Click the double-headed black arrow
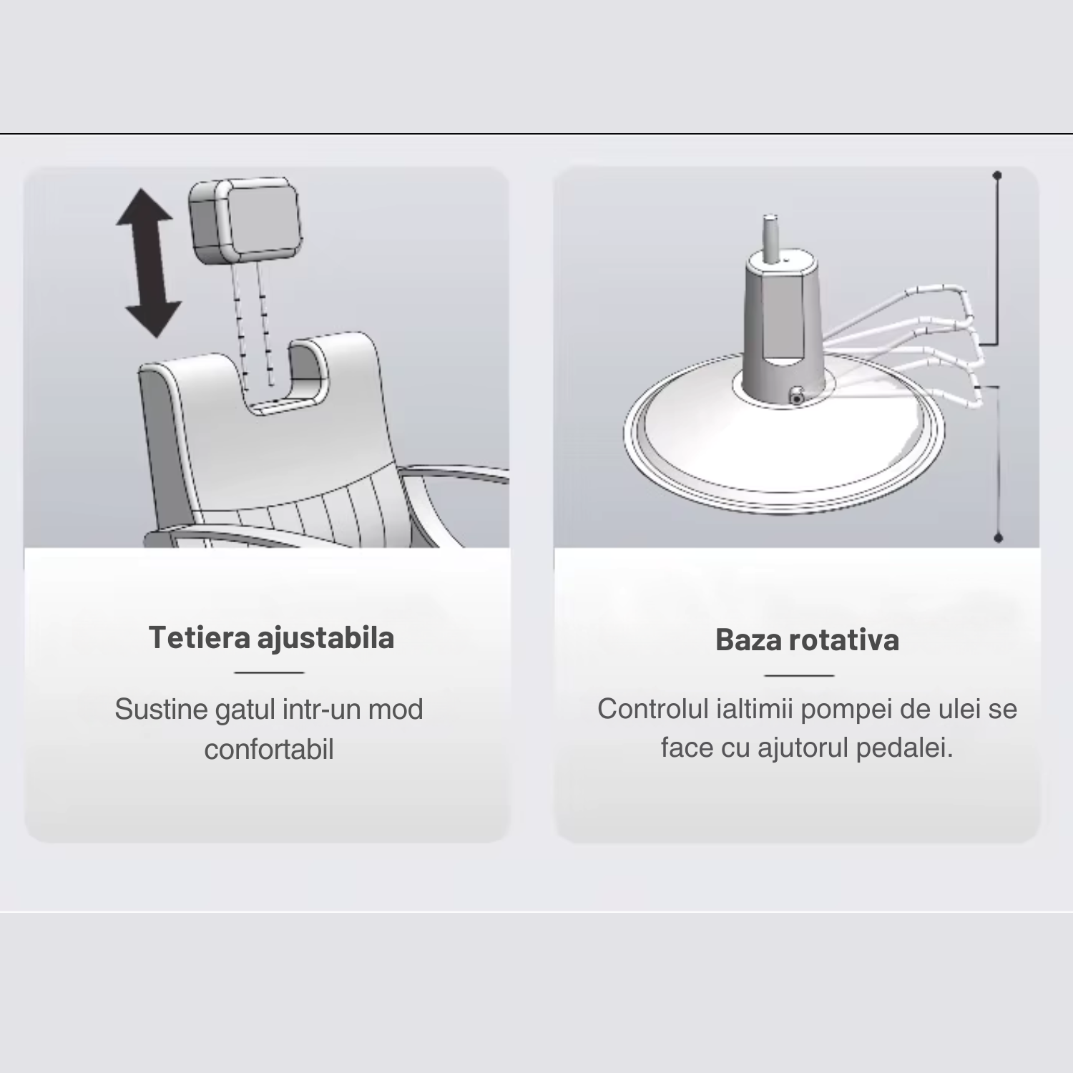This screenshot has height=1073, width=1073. point(148,263)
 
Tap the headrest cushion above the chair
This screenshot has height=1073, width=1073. point(245,220)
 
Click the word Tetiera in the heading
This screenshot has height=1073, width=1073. point(199,637)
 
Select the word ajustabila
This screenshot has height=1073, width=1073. point(325,638)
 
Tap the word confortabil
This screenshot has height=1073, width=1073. point(269,750)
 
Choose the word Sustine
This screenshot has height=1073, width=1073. point(149,710)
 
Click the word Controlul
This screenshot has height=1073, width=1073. point(652,709)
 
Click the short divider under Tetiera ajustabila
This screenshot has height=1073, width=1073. point(269,672)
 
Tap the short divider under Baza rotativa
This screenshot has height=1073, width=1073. point(799,675)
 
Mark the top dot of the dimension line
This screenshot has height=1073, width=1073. point(997,175)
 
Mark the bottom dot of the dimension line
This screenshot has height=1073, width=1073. point(999,538)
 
